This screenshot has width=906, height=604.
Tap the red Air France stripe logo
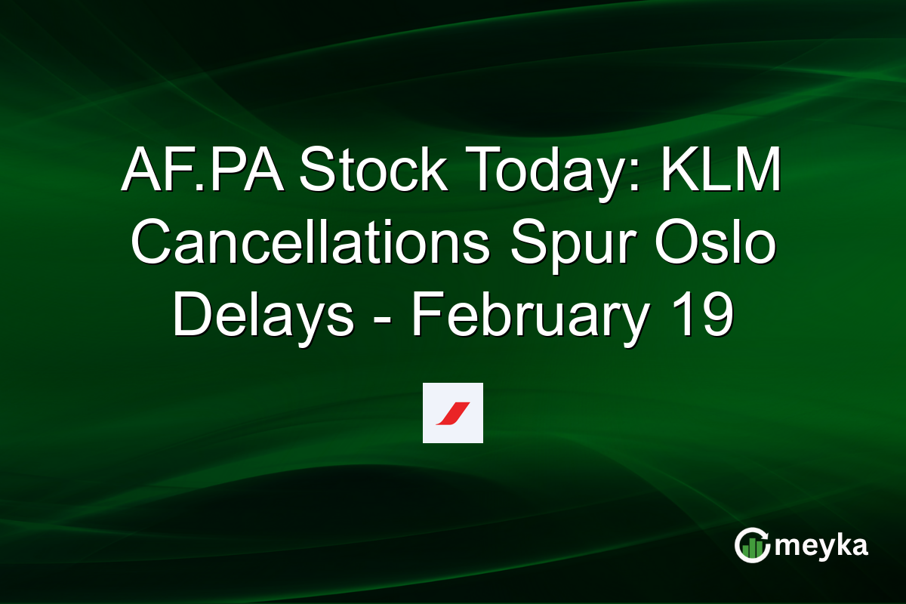[x=452, y=413]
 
